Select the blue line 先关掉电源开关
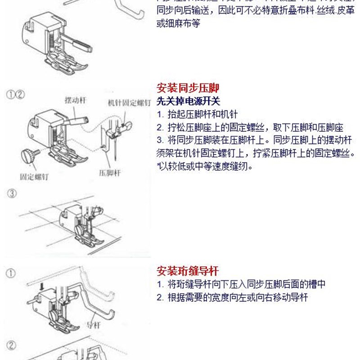click(x=188, y=101)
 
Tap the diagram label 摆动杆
click(x=75, y=100)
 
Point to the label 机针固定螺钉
click(x=128, y=103)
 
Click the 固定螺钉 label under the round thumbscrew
click(x=34, y=176)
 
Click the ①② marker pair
click(x=16, y=94)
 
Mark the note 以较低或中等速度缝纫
click(x=205, y=166)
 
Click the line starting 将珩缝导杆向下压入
click(x=241, y=284)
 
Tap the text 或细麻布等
click(x=178, y=23)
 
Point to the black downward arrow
click(x=41, y=286)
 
